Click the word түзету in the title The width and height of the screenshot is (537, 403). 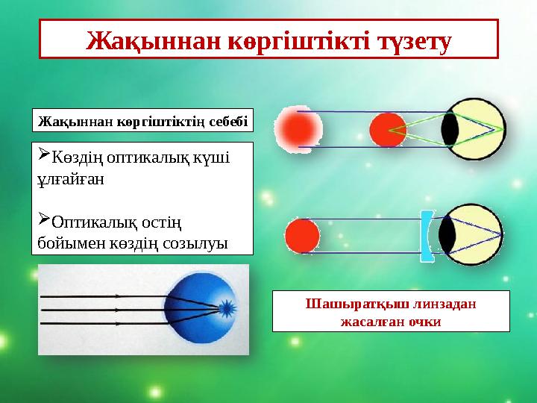coord(409,40)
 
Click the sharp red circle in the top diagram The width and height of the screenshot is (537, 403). coord(388,129)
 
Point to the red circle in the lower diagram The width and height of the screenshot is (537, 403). coord(303,236)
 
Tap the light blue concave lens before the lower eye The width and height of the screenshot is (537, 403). coord(427,236)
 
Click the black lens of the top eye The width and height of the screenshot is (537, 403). coord(450,129)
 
